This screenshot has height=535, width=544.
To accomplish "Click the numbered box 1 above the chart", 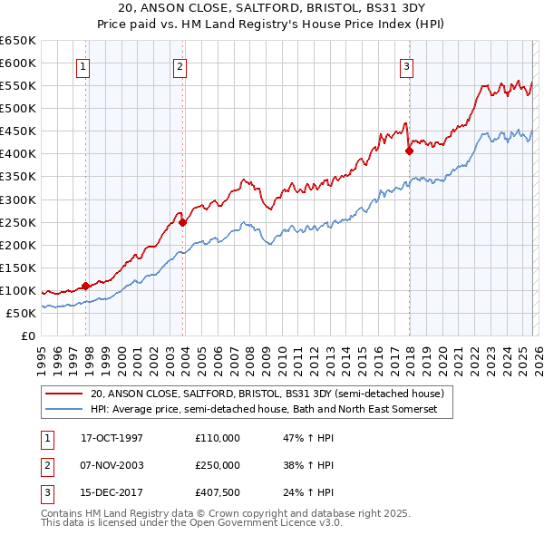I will (x=83, y=65).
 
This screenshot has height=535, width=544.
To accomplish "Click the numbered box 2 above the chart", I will (x=180, y=65).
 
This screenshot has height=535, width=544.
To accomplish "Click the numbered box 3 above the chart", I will (x=407, y=65).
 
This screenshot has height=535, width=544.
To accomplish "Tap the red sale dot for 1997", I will (x=85, y=286).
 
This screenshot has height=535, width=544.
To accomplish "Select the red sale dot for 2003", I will (x=182, y=221).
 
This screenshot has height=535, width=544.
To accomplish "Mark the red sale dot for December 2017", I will (x=409, y=151).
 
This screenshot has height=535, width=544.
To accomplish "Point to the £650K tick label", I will (x=18, y=41).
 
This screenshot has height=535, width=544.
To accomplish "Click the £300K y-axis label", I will (x=18, y=199).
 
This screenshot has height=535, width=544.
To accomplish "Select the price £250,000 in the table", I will (x=218, y=465).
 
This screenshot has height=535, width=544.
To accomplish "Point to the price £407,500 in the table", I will (x=218, y=492).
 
